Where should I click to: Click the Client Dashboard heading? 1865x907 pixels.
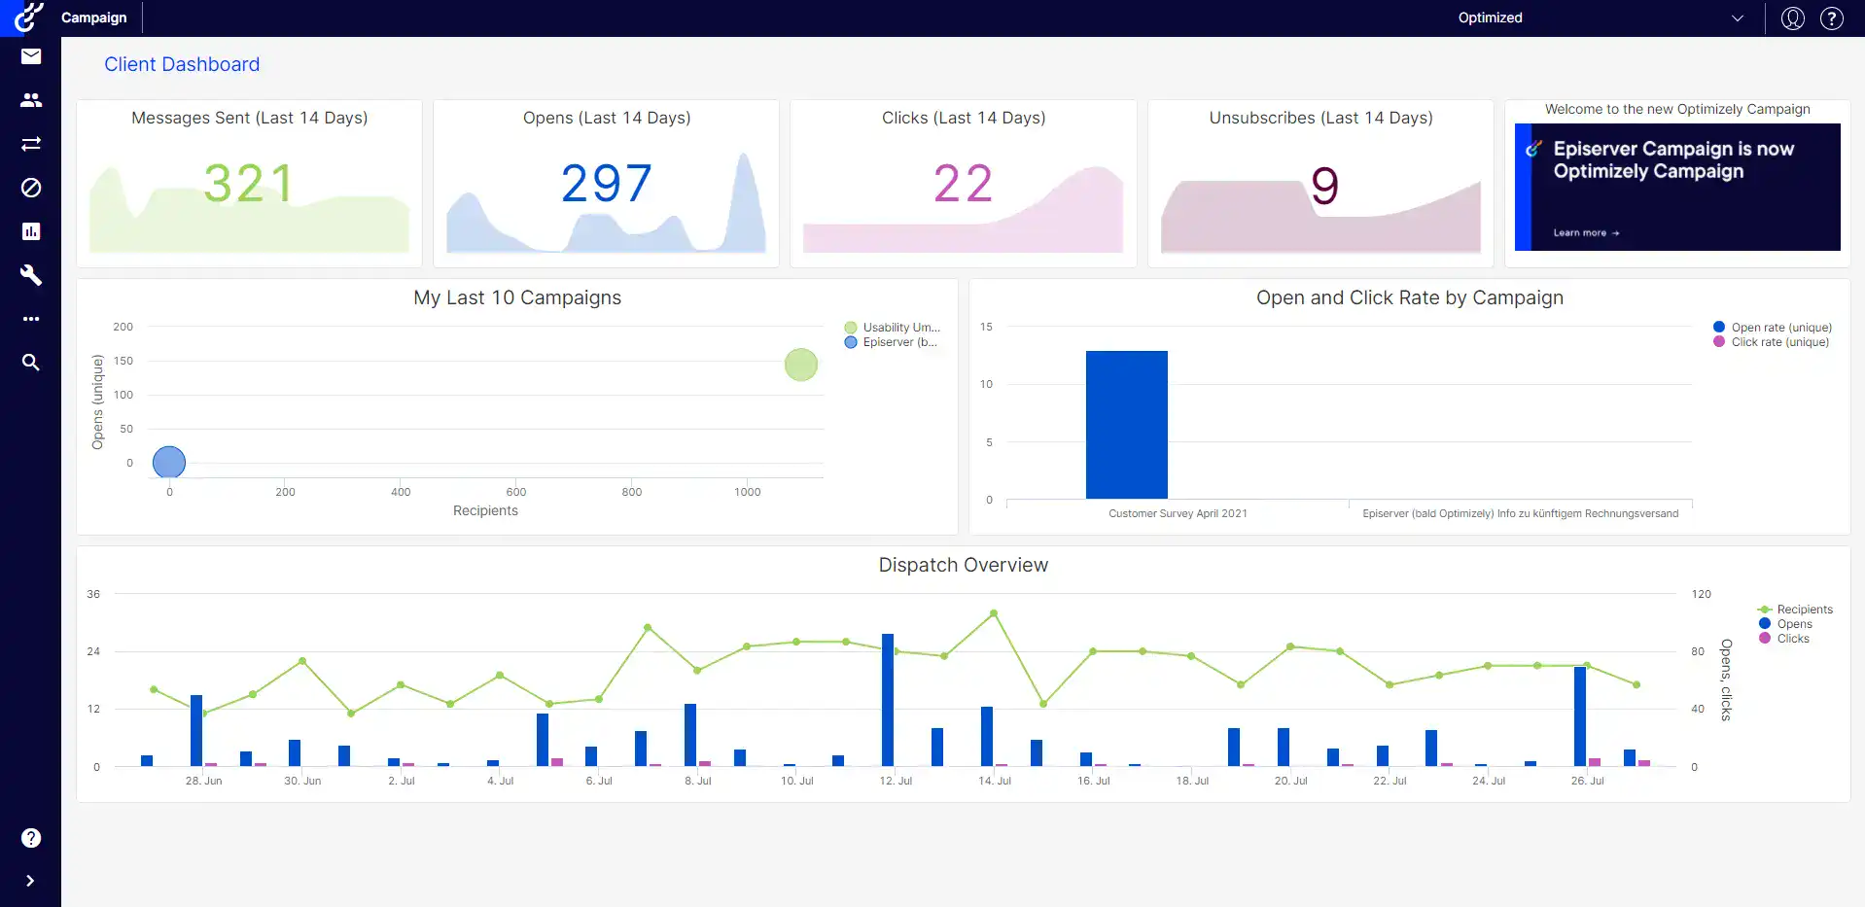[182, 64]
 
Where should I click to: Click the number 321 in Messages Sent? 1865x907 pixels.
[249, 184]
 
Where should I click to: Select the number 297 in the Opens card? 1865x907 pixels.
[606, 184]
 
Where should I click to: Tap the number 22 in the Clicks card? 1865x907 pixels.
[963, 184]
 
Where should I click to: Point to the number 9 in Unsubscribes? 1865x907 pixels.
[1324, 186]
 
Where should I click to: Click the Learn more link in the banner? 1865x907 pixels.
[1585, 233]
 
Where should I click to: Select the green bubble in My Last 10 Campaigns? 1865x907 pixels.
[801, 366]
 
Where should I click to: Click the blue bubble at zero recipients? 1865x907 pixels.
[169, 462]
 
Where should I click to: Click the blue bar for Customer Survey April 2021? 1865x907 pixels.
[1126, 425]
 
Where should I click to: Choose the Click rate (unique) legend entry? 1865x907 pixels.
[1779, 342]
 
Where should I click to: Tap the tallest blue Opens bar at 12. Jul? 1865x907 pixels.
[888, 700]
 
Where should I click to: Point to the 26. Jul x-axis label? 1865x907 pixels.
[1587, 781]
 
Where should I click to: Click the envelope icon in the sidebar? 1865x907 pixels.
[31, 56]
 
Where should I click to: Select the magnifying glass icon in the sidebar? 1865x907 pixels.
[31, 363]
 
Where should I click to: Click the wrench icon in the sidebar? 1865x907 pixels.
[31, 275]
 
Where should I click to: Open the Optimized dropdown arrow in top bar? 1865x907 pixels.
[1738, 18]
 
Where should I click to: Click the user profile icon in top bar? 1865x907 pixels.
[1792, 18]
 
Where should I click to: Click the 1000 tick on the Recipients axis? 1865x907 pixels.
[747, 492]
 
